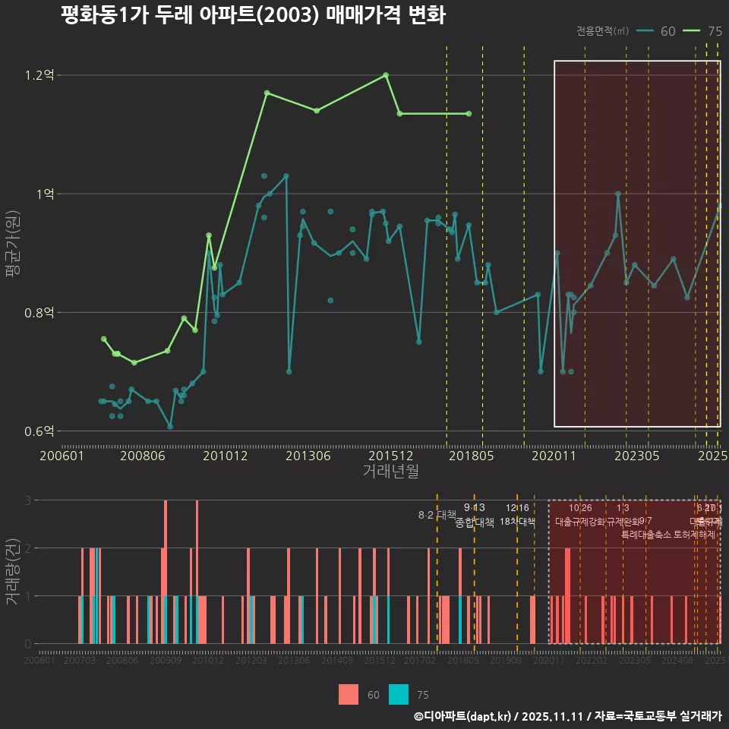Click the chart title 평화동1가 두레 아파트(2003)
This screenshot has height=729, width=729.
253,15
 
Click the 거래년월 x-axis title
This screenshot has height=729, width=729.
390,471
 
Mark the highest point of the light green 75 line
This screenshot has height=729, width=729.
386,74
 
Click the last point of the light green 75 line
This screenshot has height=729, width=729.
469,114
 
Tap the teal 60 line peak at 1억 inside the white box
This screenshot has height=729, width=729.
618,194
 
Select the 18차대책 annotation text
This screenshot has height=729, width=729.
517,522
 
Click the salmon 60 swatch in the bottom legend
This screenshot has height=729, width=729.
349,694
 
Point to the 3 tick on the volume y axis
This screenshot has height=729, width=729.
28,500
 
